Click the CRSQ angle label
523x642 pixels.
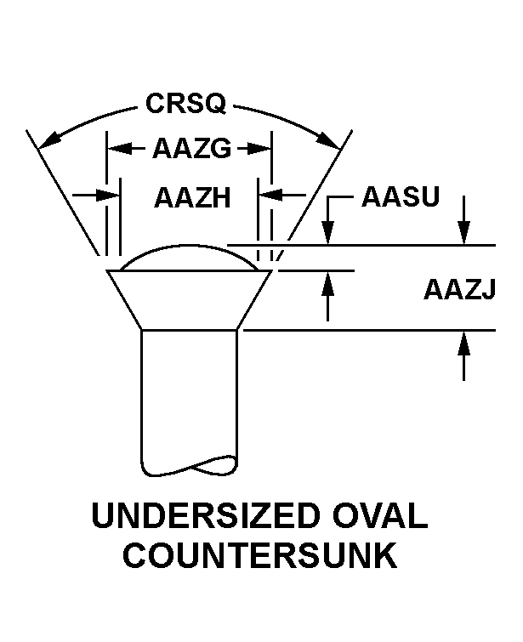click(185, 103)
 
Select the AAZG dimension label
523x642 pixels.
click(191, 149)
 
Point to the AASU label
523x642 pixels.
click(400, 197)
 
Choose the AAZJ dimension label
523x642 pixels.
click(459, 290)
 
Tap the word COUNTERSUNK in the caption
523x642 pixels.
click(259, 556)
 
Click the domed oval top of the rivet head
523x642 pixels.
click(189, 257)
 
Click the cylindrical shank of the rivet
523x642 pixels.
click(189, 391)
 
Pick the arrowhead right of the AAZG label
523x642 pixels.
click(263, 149)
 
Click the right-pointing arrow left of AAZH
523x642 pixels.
click(111, 196)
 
